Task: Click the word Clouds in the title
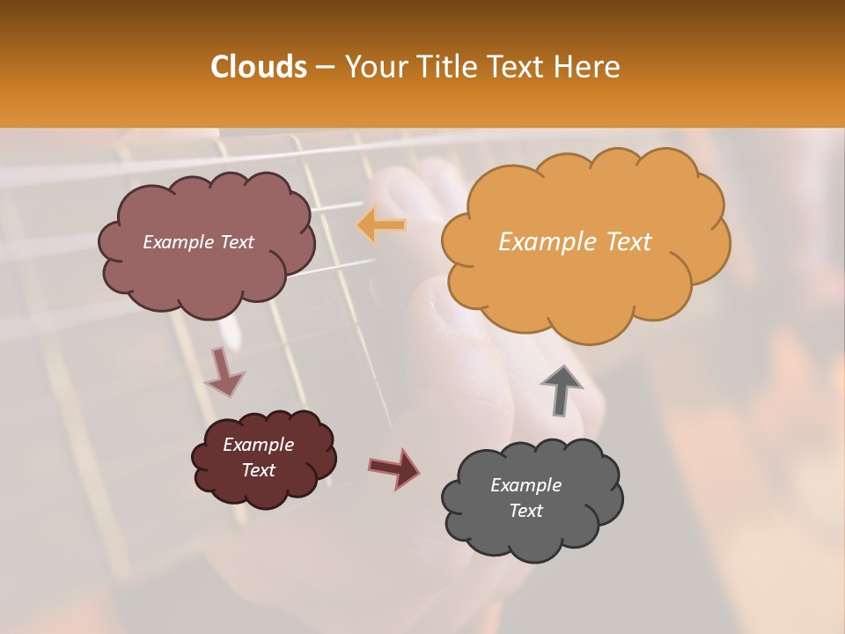(259, 67)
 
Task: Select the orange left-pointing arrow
(381, 225)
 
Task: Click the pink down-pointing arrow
(224, 372)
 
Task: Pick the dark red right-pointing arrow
(394, 468)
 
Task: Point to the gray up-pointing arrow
(562, 390)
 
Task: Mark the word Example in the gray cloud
(525, 485)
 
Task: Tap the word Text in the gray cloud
(525, 511)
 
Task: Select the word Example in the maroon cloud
(258, 445)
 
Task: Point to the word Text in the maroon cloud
(258, 470)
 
